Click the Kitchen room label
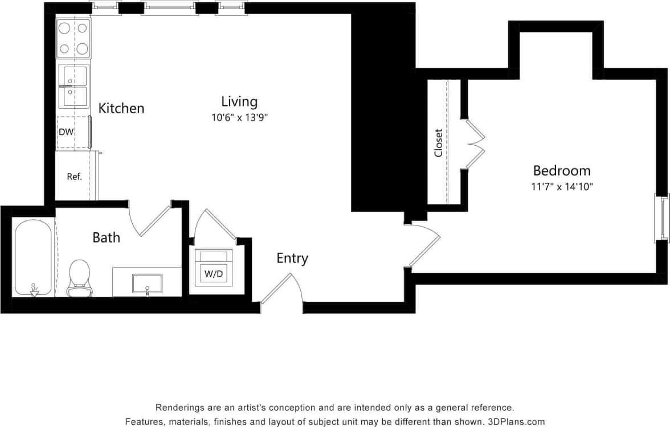pyautogui.click(x=121, y=108)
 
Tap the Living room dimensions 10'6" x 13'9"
pyautogui.click(x=239, y=118)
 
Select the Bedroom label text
pyautogui.click(x=561, y=170)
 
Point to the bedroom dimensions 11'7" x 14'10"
pyautogui.click(x=562, y=186)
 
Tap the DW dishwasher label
pyautogui.click(x=66, y=132)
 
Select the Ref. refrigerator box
pyautogui.click(x=75, y=176)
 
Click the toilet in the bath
pyautogui.click(x=79, y=278)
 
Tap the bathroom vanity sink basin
pyautogui.click(x=147, y=283)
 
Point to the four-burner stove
pyautogui.click(x=74, y=38)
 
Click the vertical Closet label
pyautogui.click(x=438, y=142)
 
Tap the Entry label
pyautogui.click(x=292, y=258)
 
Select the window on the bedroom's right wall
pyautogui.click(x=661, y=218)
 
